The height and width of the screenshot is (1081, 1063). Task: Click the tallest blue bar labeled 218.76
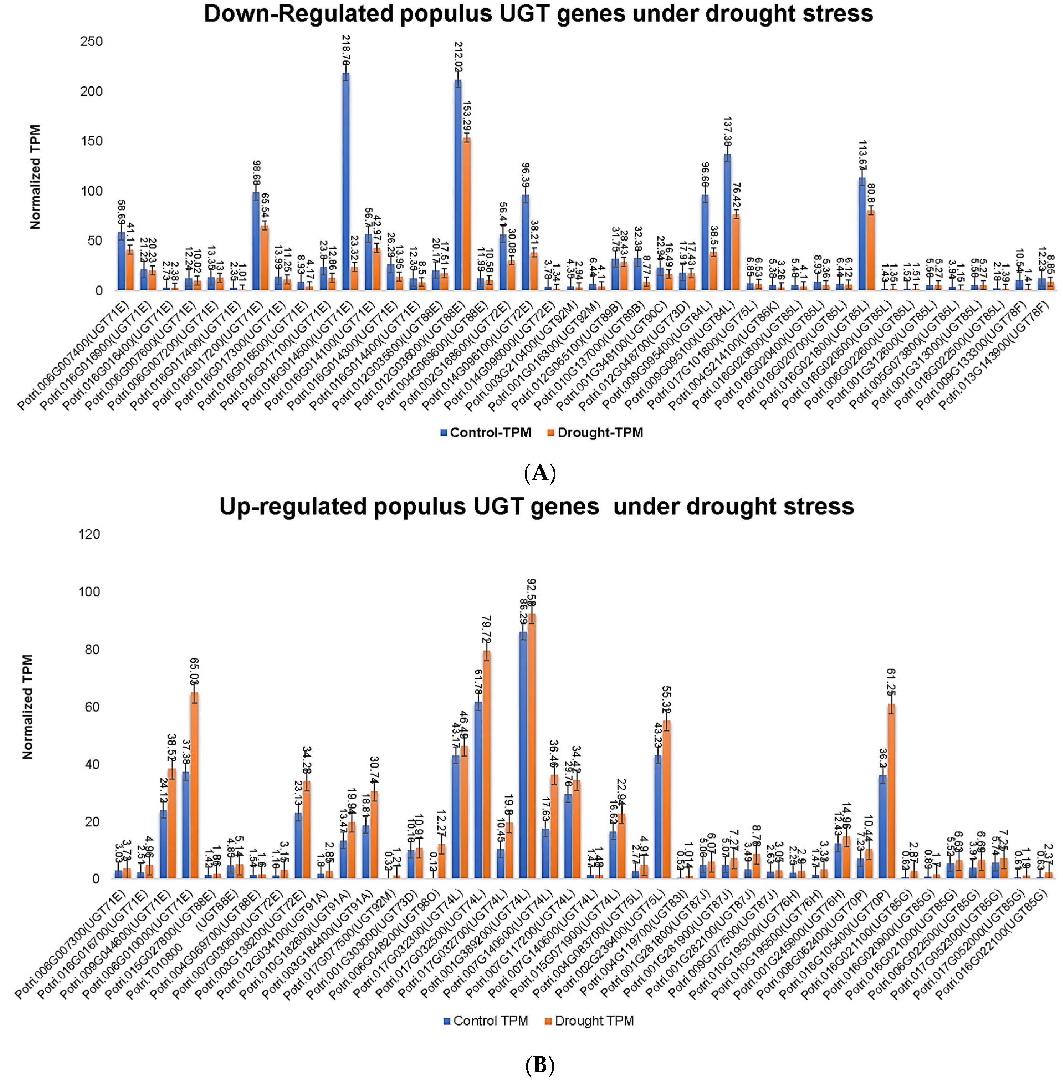(x=345, y=182)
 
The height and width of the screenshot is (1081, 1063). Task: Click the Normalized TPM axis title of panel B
(x=28, y=706)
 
